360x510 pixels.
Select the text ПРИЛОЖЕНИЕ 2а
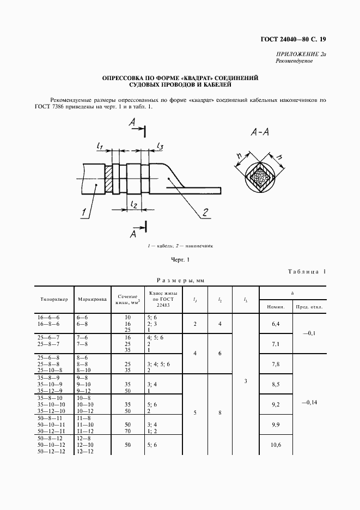[x=301, y=54]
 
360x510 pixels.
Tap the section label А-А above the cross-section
[x=261, y=132]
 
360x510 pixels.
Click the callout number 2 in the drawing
[x=205, y=212]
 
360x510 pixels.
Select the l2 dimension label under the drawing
[x=133, y=203]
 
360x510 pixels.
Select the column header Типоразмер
[x=54, y=299]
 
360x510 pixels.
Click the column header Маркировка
[x=92, y=299]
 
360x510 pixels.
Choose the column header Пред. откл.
[x=309, y=306]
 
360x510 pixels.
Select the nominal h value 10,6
[x=276, y=445]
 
